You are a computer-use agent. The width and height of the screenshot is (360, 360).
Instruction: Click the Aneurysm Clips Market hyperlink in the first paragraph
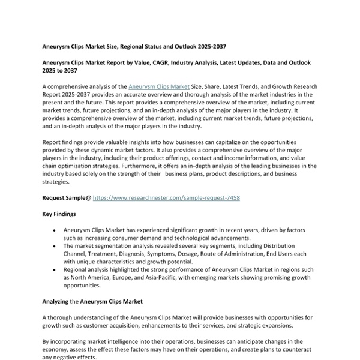pos(159,87)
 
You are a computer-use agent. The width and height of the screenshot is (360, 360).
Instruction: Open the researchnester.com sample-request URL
pos(166,197)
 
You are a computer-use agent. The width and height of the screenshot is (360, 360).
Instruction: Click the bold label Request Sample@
pos(67,197)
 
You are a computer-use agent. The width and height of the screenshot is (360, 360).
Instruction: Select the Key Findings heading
pos(59,214)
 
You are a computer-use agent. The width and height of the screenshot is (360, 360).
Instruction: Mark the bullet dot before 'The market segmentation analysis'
pos(55,246)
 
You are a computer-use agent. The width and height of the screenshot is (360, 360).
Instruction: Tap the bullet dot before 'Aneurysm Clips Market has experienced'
pos(55,230)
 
